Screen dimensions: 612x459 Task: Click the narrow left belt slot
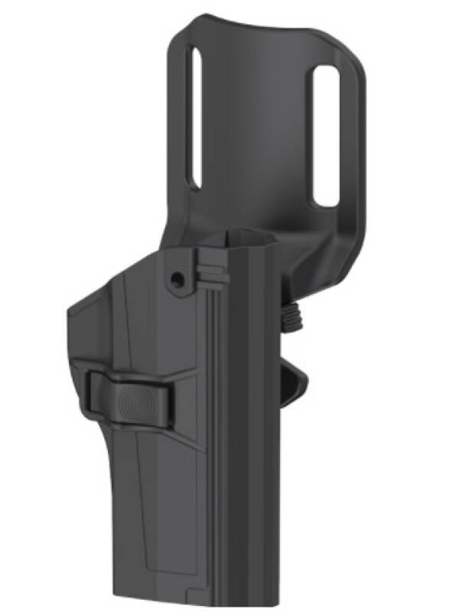coord(195,119)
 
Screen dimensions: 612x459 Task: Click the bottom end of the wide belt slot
coord(327,203)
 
